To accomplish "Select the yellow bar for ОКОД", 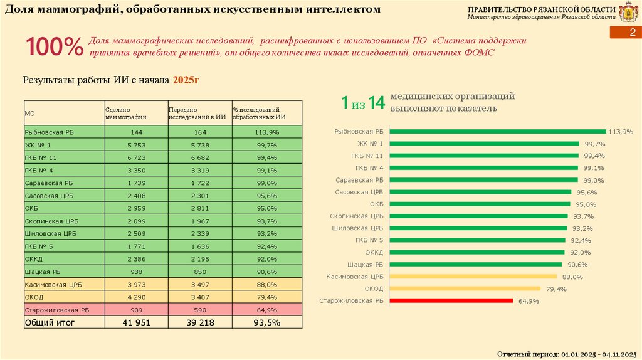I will pos(465,289).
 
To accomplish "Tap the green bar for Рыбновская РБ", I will pos(498,131).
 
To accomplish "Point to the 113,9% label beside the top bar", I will pos(621,132).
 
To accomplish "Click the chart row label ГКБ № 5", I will pos(369,240).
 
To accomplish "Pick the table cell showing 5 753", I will pos(136,145).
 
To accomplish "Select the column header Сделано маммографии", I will pos(126,113).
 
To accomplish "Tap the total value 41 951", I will pos(136,322).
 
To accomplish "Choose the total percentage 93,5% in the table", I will pos(266,322).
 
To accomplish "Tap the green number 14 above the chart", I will pos(376,103).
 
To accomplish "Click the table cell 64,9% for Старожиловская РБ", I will pos(266,310).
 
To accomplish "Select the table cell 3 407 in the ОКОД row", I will pos(199,297).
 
